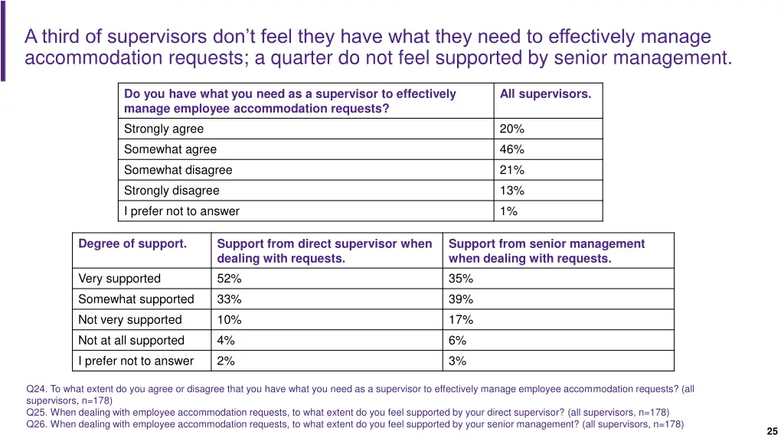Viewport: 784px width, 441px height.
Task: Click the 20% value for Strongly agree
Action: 511,129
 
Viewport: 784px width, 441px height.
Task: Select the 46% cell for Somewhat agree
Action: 511,149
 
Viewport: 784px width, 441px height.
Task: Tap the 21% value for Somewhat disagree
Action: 511,170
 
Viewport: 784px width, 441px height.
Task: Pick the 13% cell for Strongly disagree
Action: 511,191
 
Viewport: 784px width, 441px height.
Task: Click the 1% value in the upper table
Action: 508,211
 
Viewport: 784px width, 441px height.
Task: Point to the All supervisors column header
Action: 545,94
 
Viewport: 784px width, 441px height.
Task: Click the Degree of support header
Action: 132,243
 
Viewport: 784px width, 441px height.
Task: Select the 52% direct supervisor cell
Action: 229,279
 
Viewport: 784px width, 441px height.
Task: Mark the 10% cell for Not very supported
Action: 229,320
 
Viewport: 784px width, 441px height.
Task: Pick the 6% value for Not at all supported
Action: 457,341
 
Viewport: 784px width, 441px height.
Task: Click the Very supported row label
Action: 119,279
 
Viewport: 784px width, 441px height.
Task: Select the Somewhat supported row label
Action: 136,299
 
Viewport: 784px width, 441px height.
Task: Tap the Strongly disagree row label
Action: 171,191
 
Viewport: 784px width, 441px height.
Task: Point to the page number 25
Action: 772,431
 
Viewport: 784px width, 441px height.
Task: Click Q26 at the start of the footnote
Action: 36,424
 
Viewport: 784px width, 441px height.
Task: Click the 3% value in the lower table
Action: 457,361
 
